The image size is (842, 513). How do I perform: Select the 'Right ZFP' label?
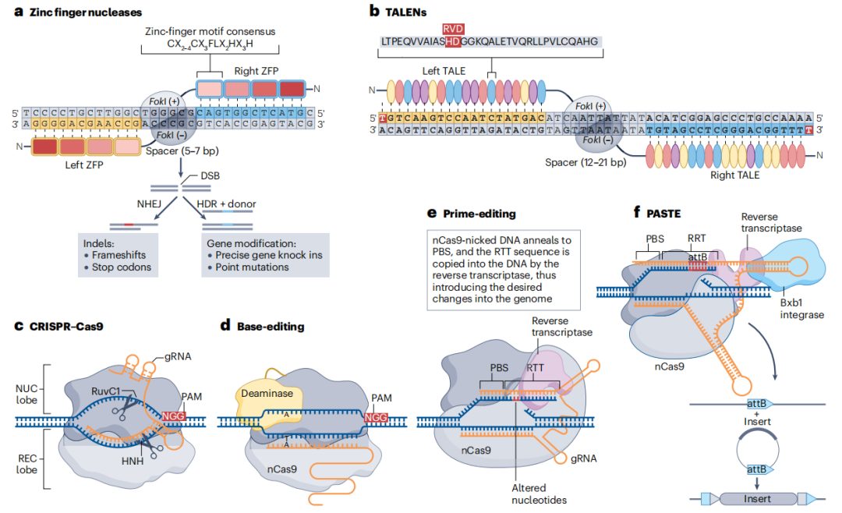coord(256,71)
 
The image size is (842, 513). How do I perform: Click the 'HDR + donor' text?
coord(226,203)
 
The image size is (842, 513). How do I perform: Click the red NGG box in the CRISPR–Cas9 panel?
coord(175,416)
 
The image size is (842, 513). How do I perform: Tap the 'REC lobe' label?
coord(27,459)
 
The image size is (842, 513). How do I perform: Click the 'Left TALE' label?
coord(444,71)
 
